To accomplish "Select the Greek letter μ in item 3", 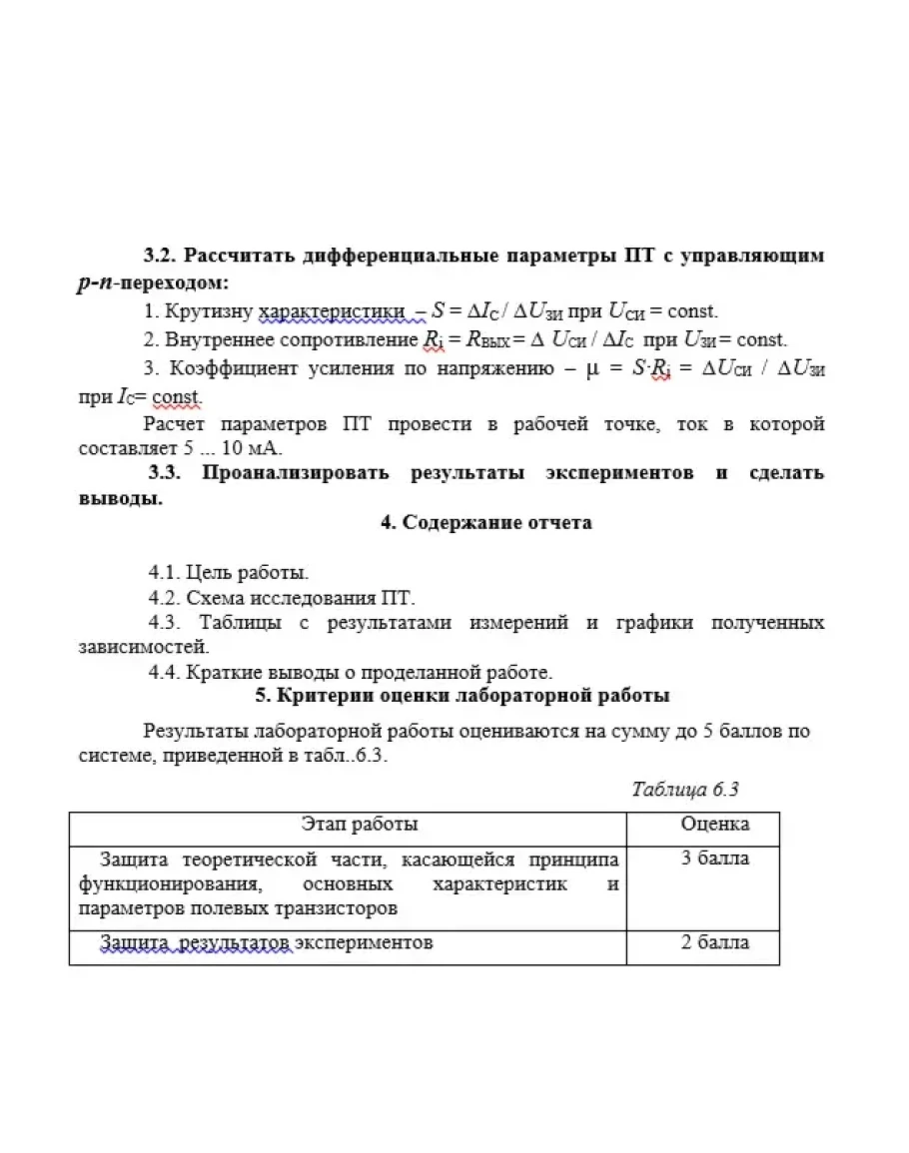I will coord(591,368).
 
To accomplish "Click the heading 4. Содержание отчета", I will coord(485,522).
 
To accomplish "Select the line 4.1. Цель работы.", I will coord(229,573).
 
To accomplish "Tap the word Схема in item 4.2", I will coord(210,598).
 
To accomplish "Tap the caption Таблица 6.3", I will coord(685,790).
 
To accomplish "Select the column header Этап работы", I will coord(360,825).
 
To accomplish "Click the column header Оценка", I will coord(715,825).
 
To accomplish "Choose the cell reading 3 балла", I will coord(715,859).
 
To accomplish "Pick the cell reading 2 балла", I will coord(715,942).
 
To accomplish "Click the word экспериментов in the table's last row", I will coord(365,942).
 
